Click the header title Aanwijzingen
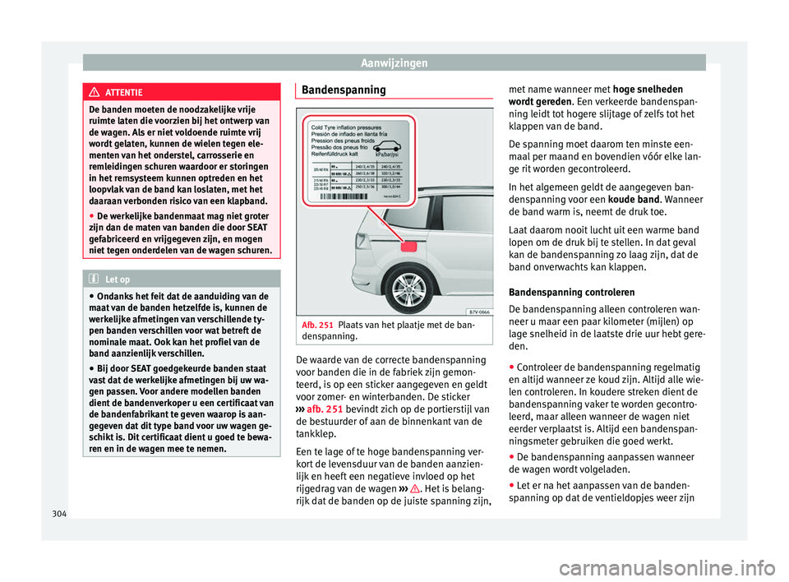(394, 62)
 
